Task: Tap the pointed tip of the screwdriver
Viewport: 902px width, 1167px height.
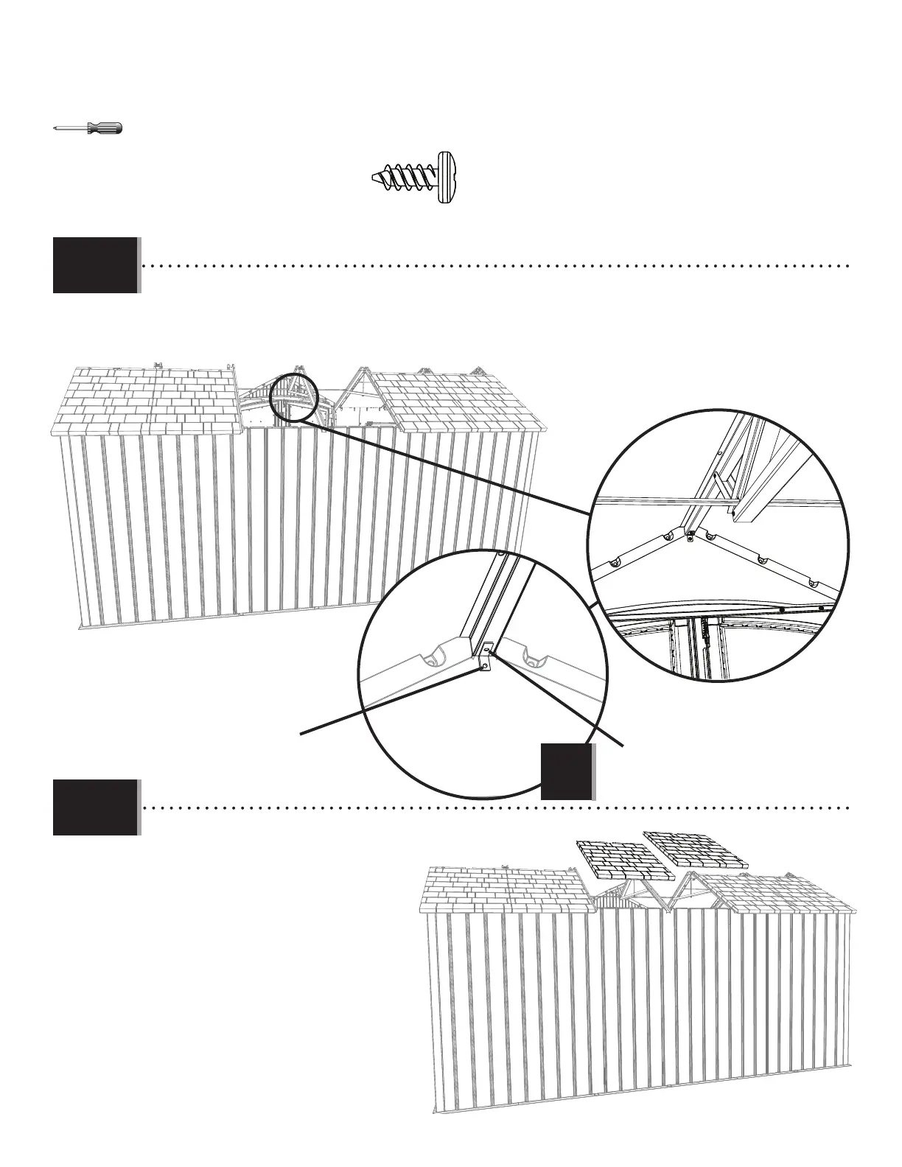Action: [x=55, y=129]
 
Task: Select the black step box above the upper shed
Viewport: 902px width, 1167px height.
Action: [x=95, y=264]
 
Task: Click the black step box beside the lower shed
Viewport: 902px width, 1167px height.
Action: [x=95, y=807]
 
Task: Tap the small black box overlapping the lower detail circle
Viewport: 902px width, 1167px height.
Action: [x=567, y=771]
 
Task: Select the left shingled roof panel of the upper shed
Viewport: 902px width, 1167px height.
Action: [x=147, y=402]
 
